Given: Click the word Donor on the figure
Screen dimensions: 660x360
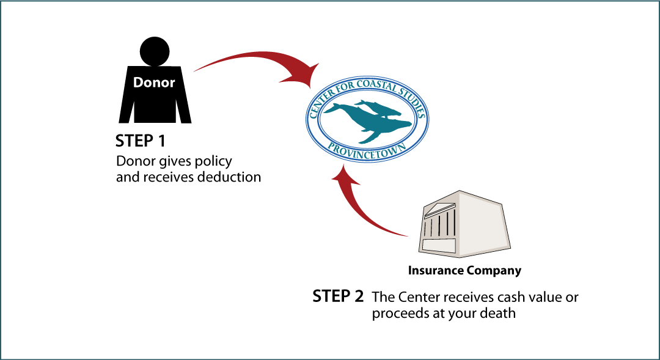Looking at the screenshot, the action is (x=154, y=82).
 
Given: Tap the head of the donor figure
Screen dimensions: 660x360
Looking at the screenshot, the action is (x=155, y=51).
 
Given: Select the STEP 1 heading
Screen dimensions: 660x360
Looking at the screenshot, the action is (x=140, y=141).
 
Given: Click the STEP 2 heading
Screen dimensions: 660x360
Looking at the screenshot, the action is (x=337, y=296).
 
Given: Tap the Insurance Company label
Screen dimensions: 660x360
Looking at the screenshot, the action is (x=464, y=270).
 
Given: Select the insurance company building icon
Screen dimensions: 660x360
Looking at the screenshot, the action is (x=464, y=224).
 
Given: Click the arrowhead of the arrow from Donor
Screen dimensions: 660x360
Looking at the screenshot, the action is (x=303, y=76).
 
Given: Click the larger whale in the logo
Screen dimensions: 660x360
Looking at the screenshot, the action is (x=370, y=122).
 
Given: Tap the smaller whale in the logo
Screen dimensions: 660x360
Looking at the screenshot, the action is (x=378, y=108).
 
